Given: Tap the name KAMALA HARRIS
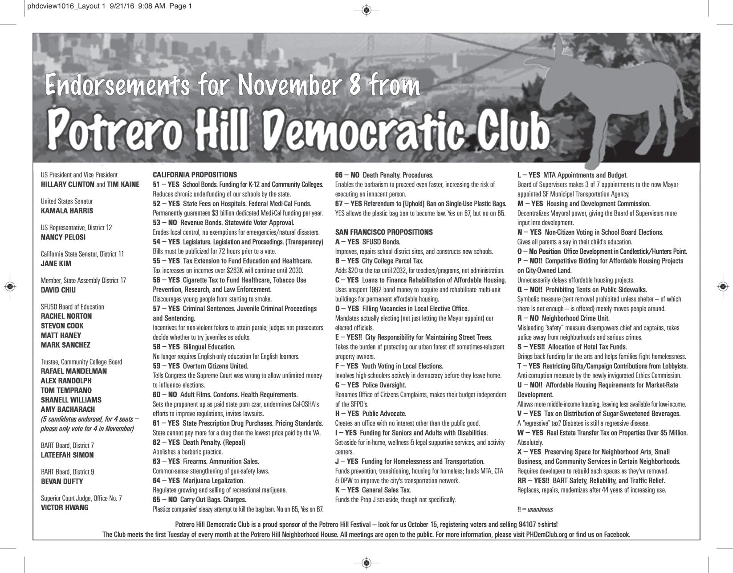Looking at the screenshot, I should click(67, 211).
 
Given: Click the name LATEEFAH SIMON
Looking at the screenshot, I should click(67, 455).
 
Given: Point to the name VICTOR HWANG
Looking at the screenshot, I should click(65, 508).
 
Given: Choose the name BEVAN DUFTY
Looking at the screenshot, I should click(62, 481).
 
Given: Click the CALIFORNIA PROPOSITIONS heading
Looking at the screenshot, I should click(195, 175).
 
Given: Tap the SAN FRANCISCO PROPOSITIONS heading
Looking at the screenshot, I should click(383, 232).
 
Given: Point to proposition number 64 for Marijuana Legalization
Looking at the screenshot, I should click(156, 481).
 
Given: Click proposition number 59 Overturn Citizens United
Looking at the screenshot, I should click(156, 366).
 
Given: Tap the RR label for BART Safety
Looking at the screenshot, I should click(522, 481).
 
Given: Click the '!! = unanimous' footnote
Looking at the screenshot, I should click(535, 509).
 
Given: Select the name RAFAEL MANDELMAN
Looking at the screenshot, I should click(73, 371).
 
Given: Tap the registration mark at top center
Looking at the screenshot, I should click(366, 9).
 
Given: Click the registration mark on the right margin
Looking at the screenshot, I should click(723, 286).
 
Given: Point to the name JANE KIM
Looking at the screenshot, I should click(56, 264).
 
